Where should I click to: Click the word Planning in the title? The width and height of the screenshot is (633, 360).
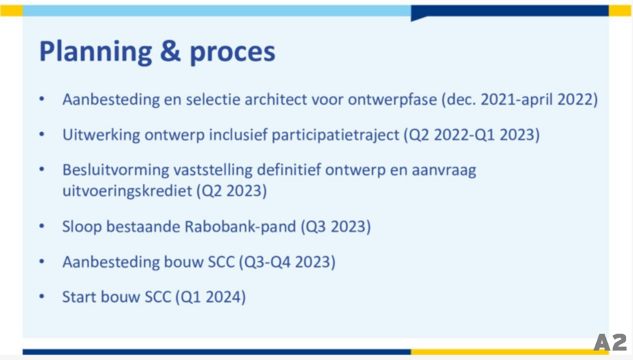96,52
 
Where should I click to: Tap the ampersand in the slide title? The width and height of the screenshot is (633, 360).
170,51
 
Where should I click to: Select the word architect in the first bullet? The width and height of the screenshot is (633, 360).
275,99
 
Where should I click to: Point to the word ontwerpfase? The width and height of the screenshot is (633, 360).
392,100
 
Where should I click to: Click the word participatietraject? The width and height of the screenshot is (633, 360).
335,135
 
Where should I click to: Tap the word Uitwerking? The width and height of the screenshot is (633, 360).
101,135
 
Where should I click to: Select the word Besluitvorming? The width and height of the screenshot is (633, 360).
116,170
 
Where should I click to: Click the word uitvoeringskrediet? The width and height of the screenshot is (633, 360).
127,191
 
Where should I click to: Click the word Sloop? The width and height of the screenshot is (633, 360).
82,227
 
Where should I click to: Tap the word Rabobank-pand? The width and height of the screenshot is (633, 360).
240,227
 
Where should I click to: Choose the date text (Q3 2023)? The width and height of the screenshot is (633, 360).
336,227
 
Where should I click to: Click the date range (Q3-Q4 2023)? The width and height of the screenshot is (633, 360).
287,262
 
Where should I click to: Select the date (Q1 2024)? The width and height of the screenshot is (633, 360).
211,297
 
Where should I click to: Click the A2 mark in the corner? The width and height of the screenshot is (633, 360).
610,342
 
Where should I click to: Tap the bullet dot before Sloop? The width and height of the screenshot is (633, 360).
42,226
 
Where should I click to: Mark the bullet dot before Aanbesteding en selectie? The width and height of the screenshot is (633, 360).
42,99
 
